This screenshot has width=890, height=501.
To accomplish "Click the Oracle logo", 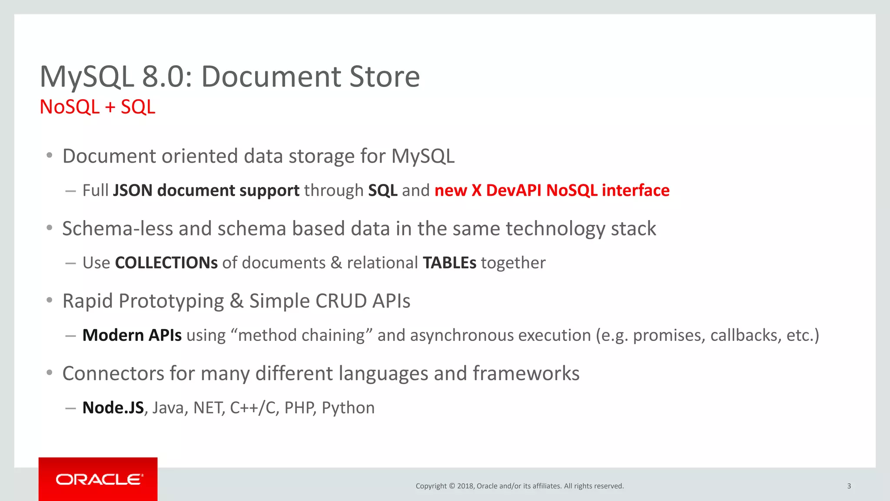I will [x=99, y=479].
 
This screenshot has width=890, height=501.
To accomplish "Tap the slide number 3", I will [x=849, y=486].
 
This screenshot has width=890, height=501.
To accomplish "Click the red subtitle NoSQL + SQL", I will [x=97, y=107].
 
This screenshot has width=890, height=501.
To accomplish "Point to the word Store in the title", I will [x=384, y=77].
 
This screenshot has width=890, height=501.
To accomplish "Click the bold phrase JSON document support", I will [x=206, y=190].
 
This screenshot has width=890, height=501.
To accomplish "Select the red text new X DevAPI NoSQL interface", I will [x=552, y=190].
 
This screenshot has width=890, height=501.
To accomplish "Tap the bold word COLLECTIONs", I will [x=166, y=263].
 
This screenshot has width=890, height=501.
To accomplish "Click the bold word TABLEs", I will [x=449, y=263].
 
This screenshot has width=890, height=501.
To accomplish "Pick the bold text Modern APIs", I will [x=132, y=335].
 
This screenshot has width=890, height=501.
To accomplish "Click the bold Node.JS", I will [x=113, y=408].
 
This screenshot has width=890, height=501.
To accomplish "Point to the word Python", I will [x=348, y=408].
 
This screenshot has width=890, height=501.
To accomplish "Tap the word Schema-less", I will [x=117, y=229].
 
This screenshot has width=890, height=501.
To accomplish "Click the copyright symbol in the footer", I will [x=452, y=486].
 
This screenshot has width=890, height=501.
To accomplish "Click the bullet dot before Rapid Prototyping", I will [x=50, y=300].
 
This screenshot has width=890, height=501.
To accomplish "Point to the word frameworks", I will [x=526, y=374].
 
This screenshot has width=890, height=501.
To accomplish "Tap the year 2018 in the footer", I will [x=465, y=486].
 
